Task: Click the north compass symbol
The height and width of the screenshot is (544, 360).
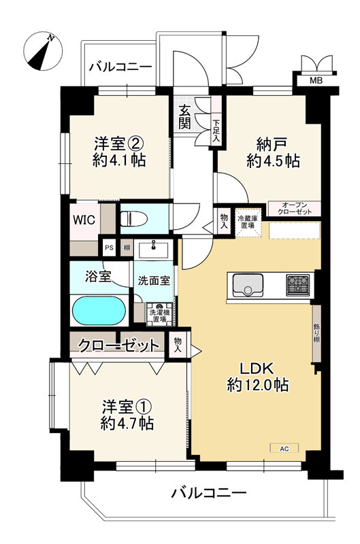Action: [43, 52]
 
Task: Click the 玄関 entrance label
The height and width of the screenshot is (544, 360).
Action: [185, 117]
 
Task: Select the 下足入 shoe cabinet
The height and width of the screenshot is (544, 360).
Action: [216, 128]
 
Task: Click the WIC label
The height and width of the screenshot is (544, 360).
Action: [84, 220]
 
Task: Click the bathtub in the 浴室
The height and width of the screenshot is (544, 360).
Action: [99, 312]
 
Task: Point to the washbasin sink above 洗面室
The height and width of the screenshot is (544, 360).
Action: [155, 249]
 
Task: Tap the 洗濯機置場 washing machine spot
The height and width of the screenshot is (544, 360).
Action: [159, 313]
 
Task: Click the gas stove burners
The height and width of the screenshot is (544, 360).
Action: [297, 284]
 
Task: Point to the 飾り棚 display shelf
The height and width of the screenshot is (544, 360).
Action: [316, 333]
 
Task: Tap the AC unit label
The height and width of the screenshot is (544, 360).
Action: [284, 448]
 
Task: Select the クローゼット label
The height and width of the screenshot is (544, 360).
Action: [118, 345]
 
